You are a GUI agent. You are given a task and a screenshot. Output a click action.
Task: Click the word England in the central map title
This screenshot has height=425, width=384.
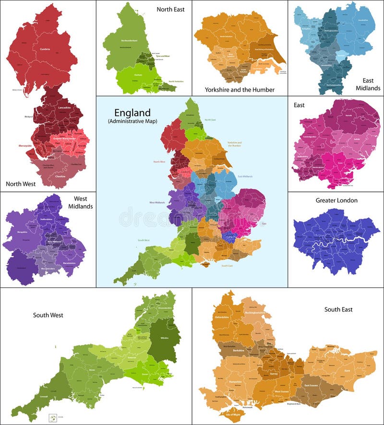129,113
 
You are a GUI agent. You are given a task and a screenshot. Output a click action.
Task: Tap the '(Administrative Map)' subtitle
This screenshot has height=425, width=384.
132,121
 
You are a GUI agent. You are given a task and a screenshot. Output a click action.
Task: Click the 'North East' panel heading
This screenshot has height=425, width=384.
170,9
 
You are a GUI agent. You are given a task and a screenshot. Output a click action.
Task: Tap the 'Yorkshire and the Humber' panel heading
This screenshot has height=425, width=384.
240,89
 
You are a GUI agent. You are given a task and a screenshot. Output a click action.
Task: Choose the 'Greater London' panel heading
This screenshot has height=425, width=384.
336,200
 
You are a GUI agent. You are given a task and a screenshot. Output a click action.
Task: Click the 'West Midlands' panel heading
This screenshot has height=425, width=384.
83,202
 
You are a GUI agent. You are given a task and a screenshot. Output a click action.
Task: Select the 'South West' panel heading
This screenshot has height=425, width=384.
48,315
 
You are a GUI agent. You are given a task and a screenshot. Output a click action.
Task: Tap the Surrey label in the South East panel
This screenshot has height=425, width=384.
274,374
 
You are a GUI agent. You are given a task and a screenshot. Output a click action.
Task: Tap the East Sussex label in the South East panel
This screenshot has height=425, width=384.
311,385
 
